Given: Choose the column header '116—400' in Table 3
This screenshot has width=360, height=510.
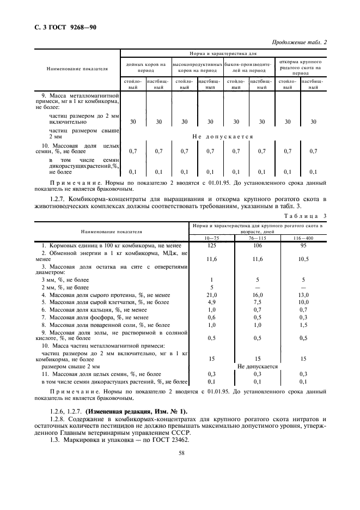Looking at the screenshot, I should coord(303,238).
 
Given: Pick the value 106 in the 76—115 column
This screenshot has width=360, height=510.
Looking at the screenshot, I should coord(257,245).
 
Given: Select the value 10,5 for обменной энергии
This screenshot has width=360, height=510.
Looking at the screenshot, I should coord(303,260).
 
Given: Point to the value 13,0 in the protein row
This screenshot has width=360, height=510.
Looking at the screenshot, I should coord(303,295).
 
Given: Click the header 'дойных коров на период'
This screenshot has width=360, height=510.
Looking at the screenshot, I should coord(145,67).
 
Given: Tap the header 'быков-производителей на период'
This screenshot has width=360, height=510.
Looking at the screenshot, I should coord(248,67).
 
